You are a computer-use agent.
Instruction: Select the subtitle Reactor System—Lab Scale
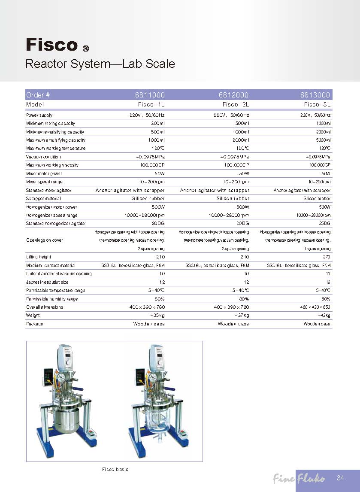point(100,64)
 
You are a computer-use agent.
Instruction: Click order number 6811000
point(150,95)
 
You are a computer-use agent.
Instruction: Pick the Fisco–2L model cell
point(236,104)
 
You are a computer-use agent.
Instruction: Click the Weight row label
point(33,316)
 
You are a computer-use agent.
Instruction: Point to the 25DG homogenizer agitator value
point(324,224)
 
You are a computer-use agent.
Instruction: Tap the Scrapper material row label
point(43,199)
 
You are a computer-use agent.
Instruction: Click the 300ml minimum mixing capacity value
point(157,124)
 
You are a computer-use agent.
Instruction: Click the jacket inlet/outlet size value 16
point(328,282)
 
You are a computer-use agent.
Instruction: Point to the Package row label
point(35,324)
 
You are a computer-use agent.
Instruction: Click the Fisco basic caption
point(115,469)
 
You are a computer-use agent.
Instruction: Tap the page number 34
point(341,478)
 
